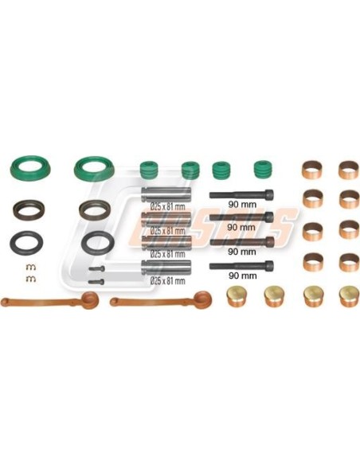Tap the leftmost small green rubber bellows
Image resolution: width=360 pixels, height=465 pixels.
(148, 170)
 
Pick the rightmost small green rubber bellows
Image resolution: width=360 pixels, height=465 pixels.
(263, 170)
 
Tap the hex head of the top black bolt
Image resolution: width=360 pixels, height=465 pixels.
(269, 193)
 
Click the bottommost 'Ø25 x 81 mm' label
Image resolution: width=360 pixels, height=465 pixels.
(167, 280)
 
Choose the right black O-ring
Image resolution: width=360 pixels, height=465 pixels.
(96, 240)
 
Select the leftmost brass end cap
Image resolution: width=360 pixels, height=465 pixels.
(236, 296)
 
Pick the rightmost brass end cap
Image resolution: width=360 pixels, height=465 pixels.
(348, 296)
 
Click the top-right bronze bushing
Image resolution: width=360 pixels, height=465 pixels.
(348, 170)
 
